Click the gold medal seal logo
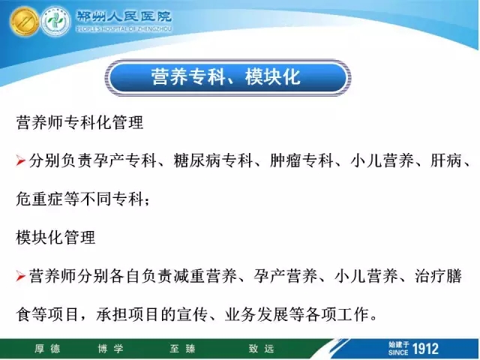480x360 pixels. (x=25, y=22)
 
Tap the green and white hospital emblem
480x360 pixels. (x=55, y=22)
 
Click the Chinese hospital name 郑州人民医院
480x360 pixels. (x=124, y=16)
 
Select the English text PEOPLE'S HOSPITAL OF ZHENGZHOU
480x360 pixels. (x=124, y=29)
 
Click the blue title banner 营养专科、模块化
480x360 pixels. (x=228, y=77)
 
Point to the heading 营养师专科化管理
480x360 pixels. (x=80, y=122)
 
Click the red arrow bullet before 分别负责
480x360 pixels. (x=20, y=161)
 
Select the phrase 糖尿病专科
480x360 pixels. (x=213, y=160)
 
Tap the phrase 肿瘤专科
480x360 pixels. (x=301, y=160)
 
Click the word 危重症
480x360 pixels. (x=40, y=199)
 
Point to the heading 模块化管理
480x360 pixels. (x=55, y=238)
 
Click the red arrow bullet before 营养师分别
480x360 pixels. (x=20, y=276)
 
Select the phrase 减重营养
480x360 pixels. (x=205, y=276)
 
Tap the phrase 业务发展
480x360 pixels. (x=256, y=314)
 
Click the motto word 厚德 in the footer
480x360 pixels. (x=47, y=349)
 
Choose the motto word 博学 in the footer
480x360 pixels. (x=110, y=349)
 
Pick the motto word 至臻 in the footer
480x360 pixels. (x=182, y=349)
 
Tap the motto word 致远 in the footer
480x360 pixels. (x=261, y=349)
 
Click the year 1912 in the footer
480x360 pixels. (x=425, y=349)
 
